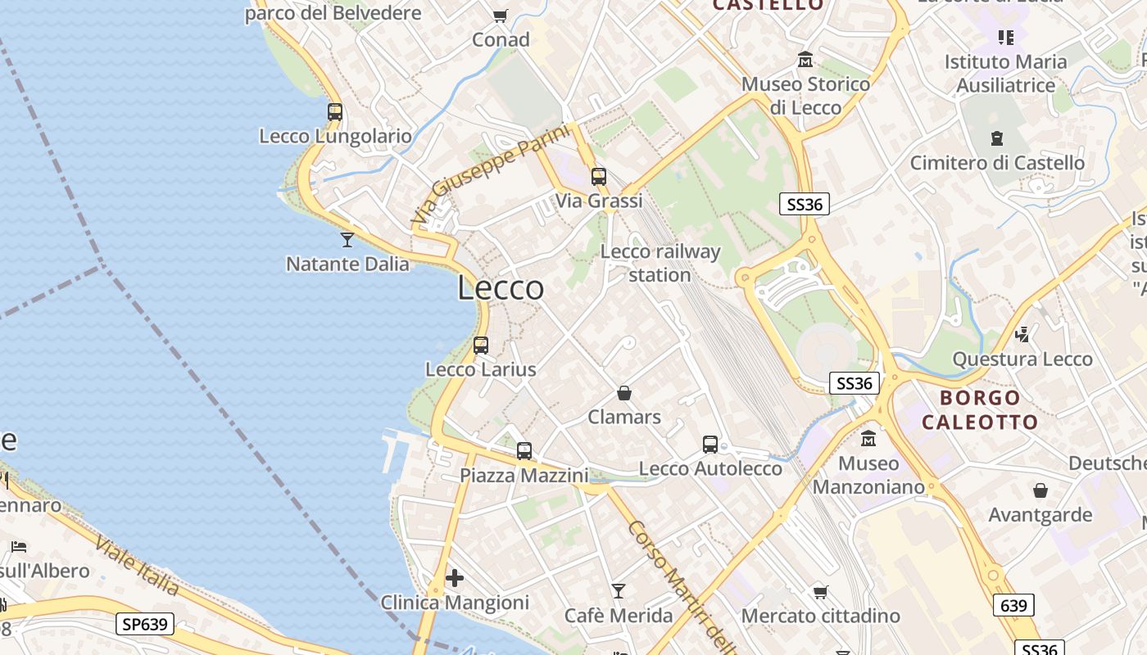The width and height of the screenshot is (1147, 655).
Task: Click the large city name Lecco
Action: [x=501, y=288]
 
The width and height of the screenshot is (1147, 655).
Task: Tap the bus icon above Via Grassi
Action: [x=599, y=176]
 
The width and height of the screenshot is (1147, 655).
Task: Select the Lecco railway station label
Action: [x=660, y=263]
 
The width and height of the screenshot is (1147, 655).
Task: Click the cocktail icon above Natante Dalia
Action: [x=347, y=240]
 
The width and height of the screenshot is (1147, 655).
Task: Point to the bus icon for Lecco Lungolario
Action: [x=335, y=112]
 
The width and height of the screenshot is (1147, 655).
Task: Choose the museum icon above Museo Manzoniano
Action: [x=868, y=439]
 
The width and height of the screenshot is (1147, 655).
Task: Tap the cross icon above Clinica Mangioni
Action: [x=455, y=578]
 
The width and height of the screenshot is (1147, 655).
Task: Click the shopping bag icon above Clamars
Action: [x=624, y=393]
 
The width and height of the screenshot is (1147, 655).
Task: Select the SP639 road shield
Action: [x=144, y=624]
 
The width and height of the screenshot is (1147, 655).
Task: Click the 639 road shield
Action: [x=1013, y=606]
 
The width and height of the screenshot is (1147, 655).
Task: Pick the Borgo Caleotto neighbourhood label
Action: [x=980, y=410]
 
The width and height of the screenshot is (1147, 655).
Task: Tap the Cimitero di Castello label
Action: [x=997, y=163]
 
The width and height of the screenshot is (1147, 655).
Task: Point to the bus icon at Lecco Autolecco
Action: [x=710, y=445]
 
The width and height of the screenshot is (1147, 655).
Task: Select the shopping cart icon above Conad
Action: [x=501, y=16]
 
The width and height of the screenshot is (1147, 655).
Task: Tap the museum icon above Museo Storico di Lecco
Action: [x=805, y=60]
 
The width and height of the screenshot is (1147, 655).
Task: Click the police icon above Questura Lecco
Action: [x=1022, y=334]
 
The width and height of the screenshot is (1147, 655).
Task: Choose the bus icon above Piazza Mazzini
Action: [x=524, y=451]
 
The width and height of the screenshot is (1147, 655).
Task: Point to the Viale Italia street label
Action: [x=137, y=565]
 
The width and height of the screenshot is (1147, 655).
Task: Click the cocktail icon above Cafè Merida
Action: [x=619, y=590]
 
